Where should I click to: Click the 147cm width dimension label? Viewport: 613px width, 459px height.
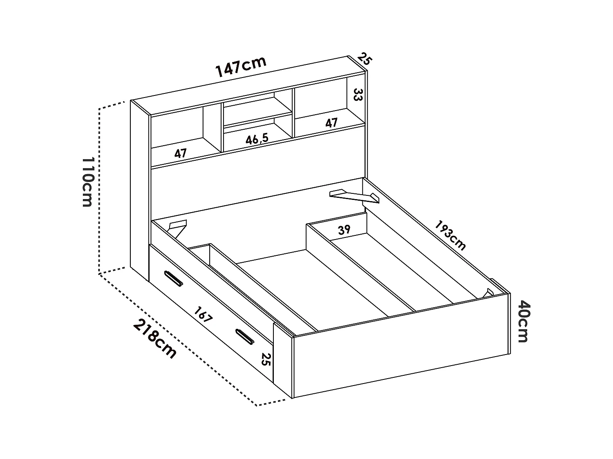(x=241, y=67)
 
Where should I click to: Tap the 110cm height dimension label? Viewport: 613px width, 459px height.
(x=87, y=182)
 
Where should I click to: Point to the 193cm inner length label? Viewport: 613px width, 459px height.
(x=450, y=235)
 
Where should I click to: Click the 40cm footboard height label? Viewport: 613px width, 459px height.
(x=523, y=321)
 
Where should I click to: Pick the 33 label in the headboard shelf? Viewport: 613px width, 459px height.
(x=358, y=95)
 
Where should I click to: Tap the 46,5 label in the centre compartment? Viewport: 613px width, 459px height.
(x=257, y=139)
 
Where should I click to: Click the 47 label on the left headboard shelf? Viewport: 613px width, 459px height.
(x=180, y=153)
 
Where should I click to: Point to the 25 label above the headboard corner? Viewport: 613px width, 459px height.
(x=365, y=59)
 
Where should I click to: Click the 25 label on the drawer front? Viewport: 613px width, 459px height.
(x=266, y=359)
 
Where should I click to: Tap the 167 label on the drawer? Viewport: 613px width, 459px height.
(x=203, y=315)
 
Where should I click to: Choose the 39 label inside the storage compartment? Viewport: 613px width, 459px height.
(x=344, y=230)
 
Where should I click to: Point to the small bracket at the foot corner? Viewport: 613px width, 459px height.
(x=490, y=292)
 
